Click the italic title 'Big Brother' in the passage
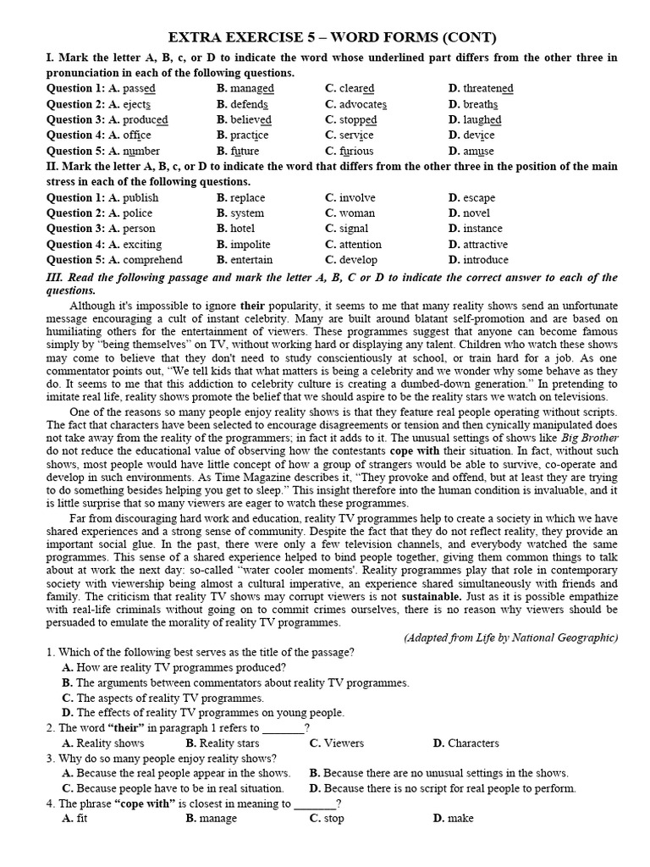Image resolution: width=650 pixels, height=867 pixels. tap(590, 438)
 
